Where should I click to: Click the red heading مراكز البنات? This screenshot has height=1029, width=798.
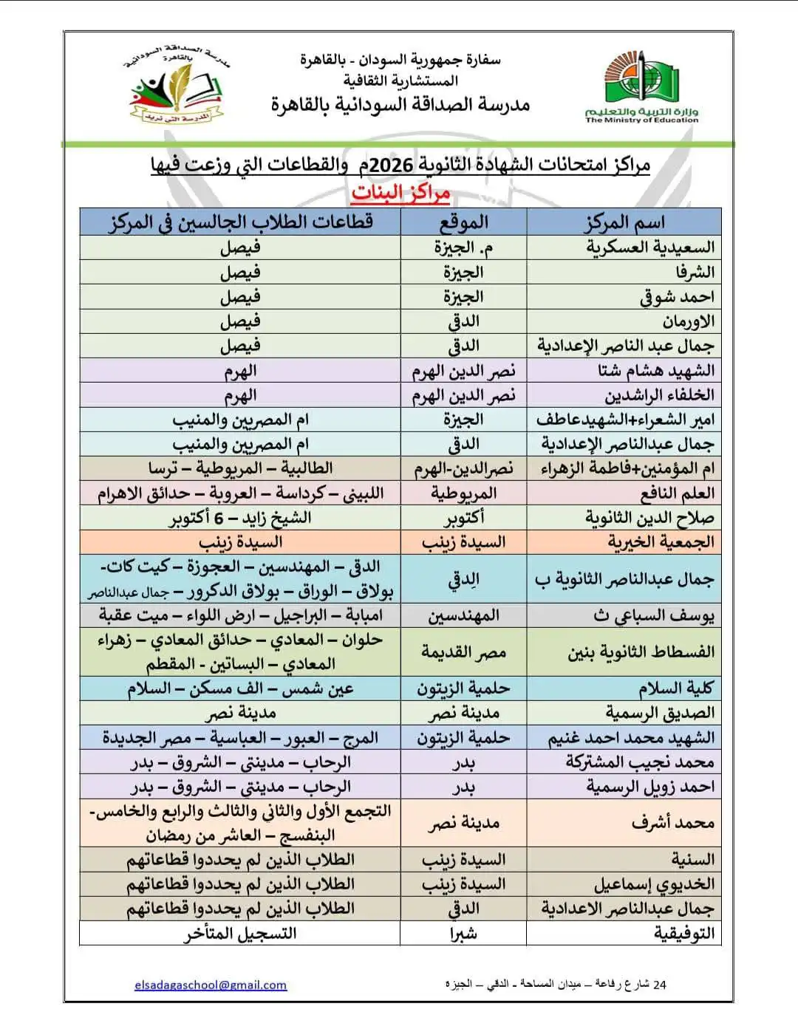click(x=400, y=193)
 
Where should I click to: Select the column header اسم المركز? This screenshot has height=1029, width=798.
click(x=624, y=222)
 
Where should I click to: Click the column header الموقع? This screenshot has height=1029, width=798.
click(x=463, y=222)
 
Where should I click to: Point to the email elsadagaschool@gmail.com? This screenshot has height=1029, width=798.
click(x=211, y=985)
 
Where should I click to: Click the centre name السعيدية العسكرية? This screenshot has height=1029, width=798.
click(x=650, y=247)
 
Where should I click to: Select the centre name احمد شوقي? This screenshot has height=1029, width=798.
click(x=677, y=297)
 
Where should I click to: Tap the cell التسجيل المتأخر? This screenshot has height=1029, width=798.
click(x=240, y=934)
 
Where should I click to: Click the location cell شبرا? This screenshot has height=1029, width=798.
click(x=463, y=934)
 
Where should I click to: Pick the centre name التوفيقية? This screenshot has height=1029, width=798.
click(x=684, y=934)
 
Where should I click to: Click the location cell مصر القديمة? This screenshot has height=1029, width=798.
click(x=463, y=652)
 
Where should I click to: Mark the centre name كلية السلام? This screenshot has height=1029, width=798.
click(x=676, y=689)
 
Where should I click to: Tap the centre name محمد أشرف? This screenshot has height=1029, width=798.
click(x=672, y=823)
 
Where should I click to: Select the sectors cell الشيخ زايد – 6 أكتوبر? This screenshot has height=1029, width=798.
click(x=240, y=518)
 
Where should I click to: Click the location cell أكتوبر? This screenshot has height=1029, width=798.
click(x=463, y=518)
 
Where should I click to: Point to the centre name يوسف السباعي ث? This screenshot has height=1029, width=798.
click(x=654, y=615)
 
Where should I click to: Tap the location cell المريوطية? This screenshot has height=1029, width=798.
click(x=463, y=493)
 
